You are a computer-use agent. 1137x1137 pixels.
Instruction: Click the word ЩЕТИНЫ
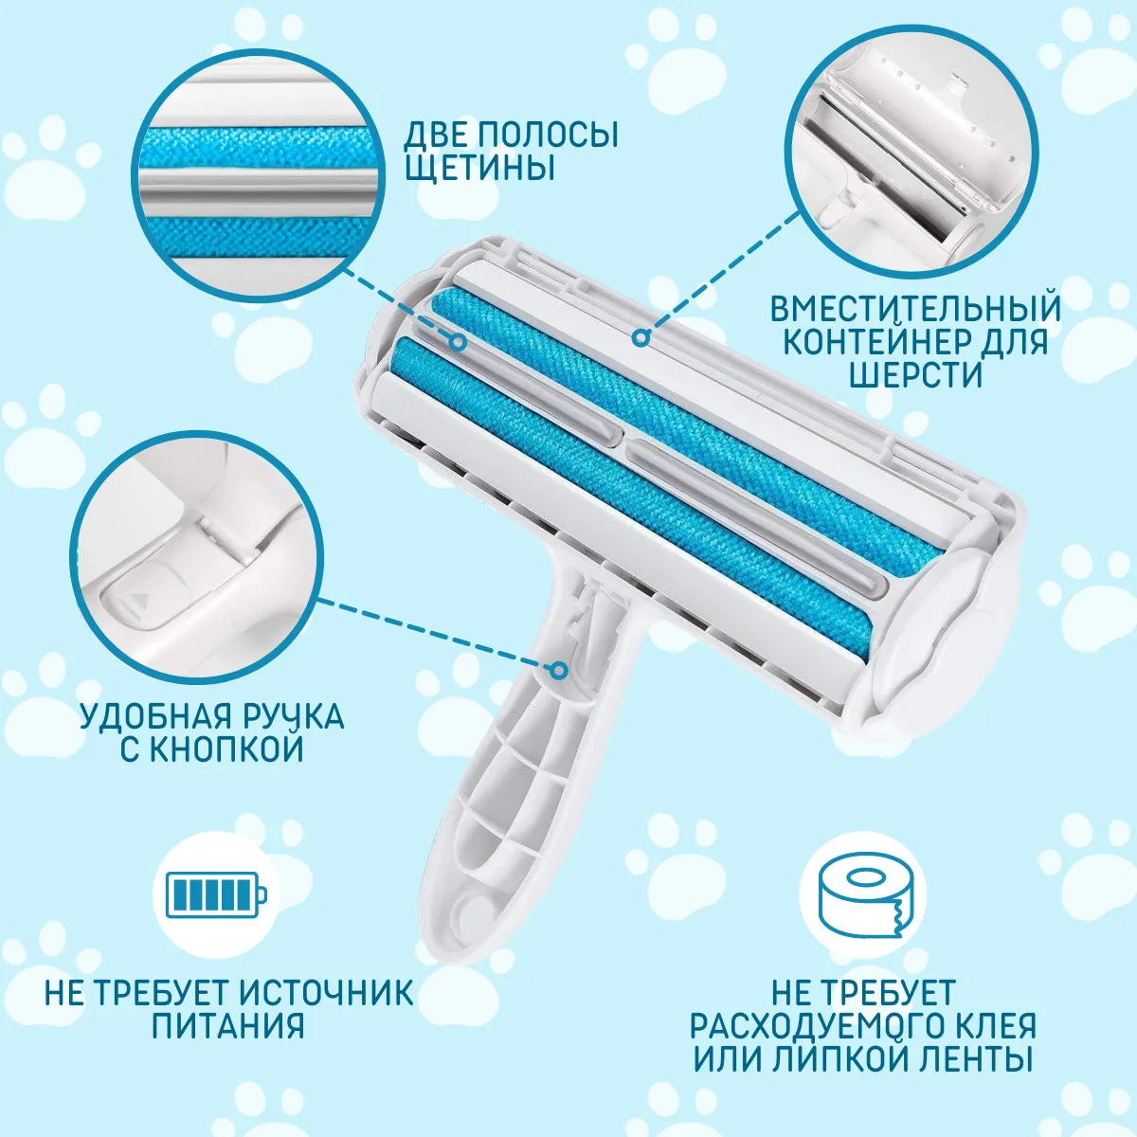479,167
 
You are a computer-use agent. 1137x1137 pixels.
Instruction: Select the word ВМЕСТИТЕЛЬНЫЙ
915,308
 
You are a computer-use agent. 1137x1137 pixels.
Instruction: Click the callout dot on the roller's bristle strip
458,341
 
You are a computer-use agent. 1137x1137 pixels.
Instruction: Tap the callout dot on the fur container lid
641,337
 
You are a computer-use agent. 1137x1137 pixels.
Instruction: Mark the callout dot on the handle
559,670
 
